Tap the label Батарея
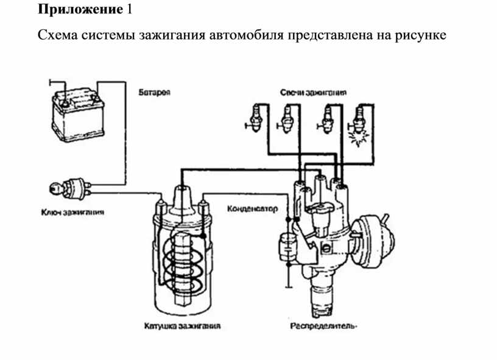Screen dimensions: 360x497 pyautogui.click(x=157, y=92)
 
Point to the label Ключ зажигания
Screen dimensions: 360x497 pyautogui.click(x=72, y=213)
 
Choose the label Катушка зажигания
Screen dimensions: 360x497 pyautogui.click(x=183, y=326)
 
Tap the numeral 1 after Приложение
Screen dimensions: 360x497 pyautogui.click(x=129, y=10)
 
